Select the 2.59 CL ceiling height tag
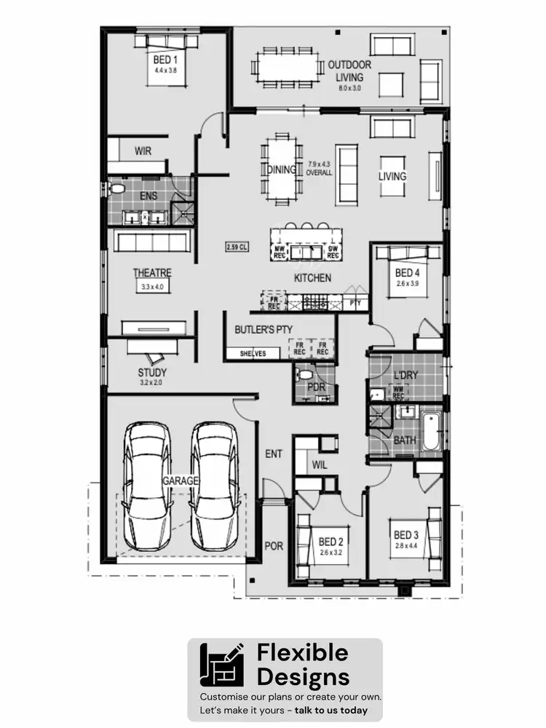(237, 248)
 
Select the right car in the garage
(215, 486)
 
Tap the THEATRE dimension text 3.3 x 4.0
(152, 288)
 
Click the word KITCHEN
(312, 278)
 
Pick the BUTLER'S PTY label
(263, 330)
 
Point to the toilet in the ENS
(116, 189)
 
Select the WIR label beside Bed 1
(143, 151)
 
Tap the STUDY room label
(152, 373)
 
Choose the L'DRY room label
(405, 375)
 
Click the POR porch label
(274, 545)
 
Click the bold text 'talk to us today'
(331, 710)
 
